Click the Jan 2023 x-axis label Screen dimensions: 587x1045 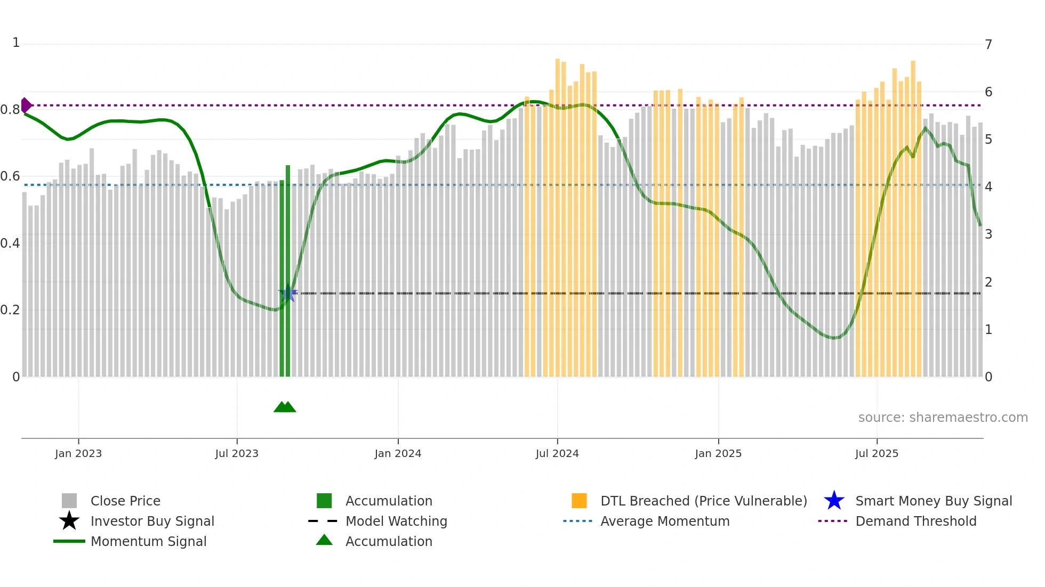pyautogui.click(x=78, y=453)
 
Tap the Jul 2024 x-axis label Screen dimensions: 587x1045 pyautogui.click(x=557, y=453)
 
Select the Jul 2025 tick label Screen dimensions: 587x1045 pyautogui.click(x=877, y=453)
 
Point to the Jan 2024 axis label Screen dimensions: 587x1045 pyautogui.click(x=398, y=453)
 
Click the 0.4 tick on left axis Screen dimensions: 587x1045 pyautogui.click(x=10, y=243)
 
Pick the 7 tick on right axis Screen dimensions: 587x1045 pyautogui.click(x=988, y=44)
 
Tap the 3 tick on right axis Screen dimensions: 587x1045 pyautogui.click(x=988, y=234)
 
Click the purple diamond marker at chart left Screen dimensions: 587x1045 pyautogui.click(x=26, y=105)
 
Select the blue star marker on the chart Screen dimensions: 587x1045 pyautogui.click(x=288, y=293)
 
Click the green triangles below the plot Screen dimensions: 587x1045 pyautogui.click(x=285, y=407)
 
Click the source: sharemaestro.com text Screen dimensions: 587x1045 pyautogui.click(x=943, y=418)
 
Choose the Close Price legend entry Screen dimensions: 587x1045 pyautogui.click(x=125, y=501)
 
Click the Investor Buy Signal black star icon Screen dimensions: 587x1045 pyautogui.click(x=69, y=521)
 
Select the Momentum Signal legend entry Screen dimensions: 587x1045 pyautogui.click(x=148, y=541)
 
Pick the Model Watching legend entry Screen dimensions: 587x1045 pyautogui.click(x=396, y=521)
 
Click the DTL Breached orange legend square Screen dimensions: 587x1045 pyautogui.click(x=579, y=501)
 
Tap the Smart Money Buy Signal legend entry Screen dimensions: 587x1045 pyautogui.click(x=934, y=501)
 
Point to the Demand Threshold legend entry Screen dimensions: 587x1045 pyautogui.click(x=915, y=521)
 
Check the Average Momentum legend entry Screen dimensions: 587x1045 pyautogui.click(x=665, y=521)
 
